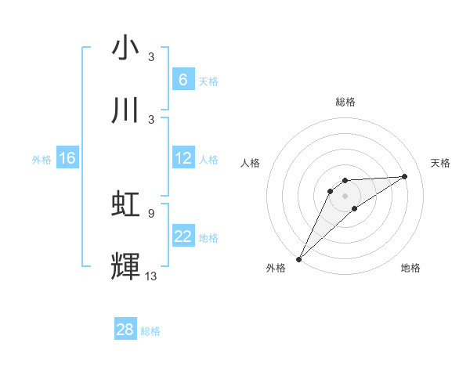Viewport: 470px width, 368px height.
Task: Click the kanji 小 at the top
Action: click(x=125, y=49)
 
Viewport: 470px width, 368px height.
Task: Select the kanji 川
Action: click(x=125, y=110)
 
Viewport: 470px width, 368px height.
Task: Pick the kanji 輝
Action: click(x=125, y=265)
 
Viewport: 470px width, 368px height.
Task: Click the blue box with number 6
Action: click(x=183, y=80)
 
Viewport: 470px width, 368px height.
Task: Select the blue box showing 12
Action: click(x=183, y=158)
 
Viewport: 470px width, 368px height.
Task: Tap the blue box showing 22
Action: click(x=183, y=236)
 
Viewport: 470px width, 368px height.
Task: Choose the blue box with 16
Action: click(x=67, y=158)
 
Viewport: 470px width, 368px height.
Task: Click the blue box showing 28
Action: click(x=125, y=330)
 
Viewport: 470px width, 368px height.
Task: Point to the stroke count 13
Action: click(x=151, y=276)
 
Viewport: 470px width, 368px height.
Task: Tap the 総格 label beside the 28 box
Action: click(x=150, y=331)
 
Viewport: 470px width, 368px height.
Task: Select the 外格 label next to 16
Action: click(x=42, y=159)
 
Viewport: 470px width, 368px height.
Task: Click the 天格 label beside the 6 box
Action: click(x=208, y=81)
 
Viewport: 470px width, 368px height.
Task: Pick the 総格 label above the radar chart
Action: click(x=345, y=102)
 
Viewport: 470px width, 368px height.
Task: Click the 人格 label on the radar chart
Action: click(x=251, y=163)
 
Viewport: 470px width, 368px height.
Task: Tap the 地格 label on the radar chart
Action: click(x=410, y=269)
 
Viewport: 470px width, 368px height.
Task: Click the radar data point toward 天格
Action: click(x=405, y=176)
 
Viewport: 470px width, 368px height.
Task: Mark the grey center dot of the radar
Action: click(x=345, y=195)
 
